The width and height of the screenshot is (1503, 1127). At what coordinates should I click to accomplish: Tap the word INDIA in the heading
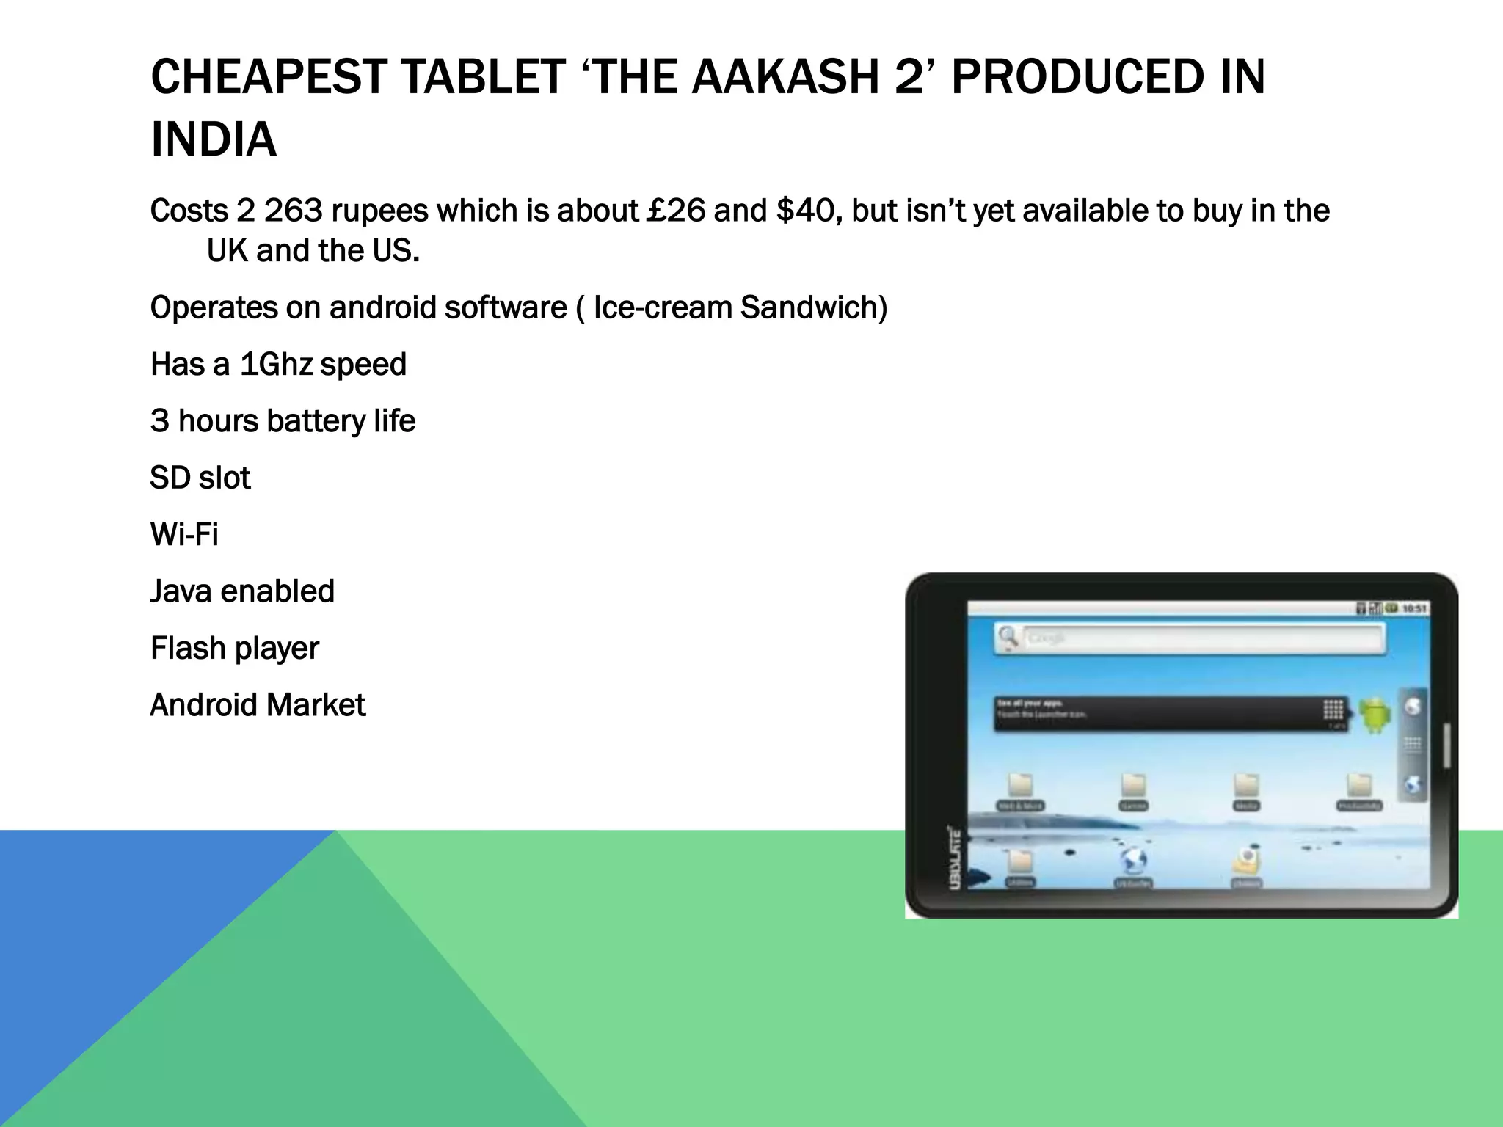[x=214, y=139]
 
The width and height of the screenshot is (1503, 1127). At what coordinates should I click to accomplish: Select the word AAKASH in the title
[x=785, y=77]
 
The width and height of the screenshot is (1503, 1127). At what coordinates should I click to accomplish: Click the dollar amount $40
[x=808, y=211]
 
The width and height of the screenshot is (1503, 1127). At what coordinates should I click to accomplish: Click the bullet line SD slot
[x=200, y=478]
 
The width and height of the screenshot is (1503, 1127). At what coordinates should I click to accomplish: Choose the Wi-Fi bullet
[x=184, y=535]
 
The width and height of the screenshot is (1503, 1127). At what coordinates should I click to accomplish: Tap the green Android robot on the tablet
[x=1375, y=714]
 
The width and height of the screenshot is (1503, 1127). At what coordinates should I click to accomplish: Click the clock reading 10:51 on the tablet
[x=1414, y=608]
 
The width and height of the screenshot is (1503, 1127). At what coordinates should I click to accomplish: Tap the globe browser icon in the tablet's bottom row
[x=1133, y=860]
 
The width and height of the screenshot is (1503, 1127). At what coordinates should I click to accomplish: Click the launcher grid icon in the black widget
[x=1333, y=710]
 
